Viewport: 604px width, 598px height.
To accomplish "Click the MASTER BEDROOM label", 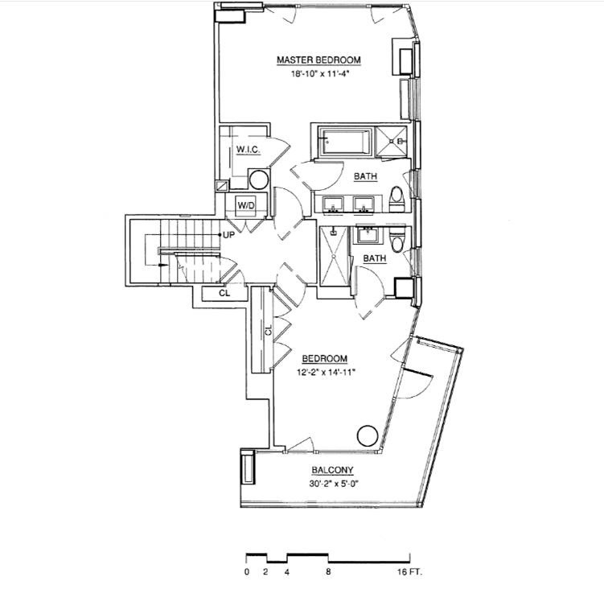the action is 318,60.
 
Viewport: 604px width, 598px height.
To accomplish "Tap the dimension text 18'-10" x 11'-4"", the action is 318,73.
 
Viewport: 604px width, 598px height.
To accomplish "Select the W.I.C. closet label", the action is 245,151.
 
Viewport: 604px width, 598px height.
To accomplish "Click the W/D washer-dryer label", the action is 245,205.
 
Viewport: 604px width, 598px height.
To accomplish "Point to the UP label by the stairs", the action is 228,235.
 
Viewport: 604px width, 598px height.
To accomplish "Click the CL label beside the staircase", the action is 224,294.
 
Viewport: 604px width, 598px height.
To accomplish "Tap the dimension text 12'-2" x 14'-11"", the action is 324,371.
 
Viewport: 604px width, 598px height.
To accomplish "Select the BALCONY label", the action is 332,472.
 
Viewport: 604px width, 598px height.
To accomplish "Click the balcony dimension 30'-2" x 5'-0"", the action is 332,485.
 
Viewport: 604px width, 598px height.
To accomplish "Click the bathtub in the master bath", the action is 345,141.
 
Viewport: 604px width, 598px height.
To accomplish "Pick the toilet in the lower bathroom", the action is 397,241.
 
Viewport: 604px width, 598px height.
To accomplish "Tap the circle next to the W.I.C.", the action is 258,179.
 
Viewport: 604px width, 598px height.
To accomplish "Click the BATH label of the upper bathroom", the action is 366,175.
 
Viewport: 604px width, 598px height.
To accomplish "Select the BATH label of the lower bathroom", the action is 374,258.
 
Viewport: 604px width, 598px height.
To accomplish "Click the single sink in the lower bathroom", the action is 369,235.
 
